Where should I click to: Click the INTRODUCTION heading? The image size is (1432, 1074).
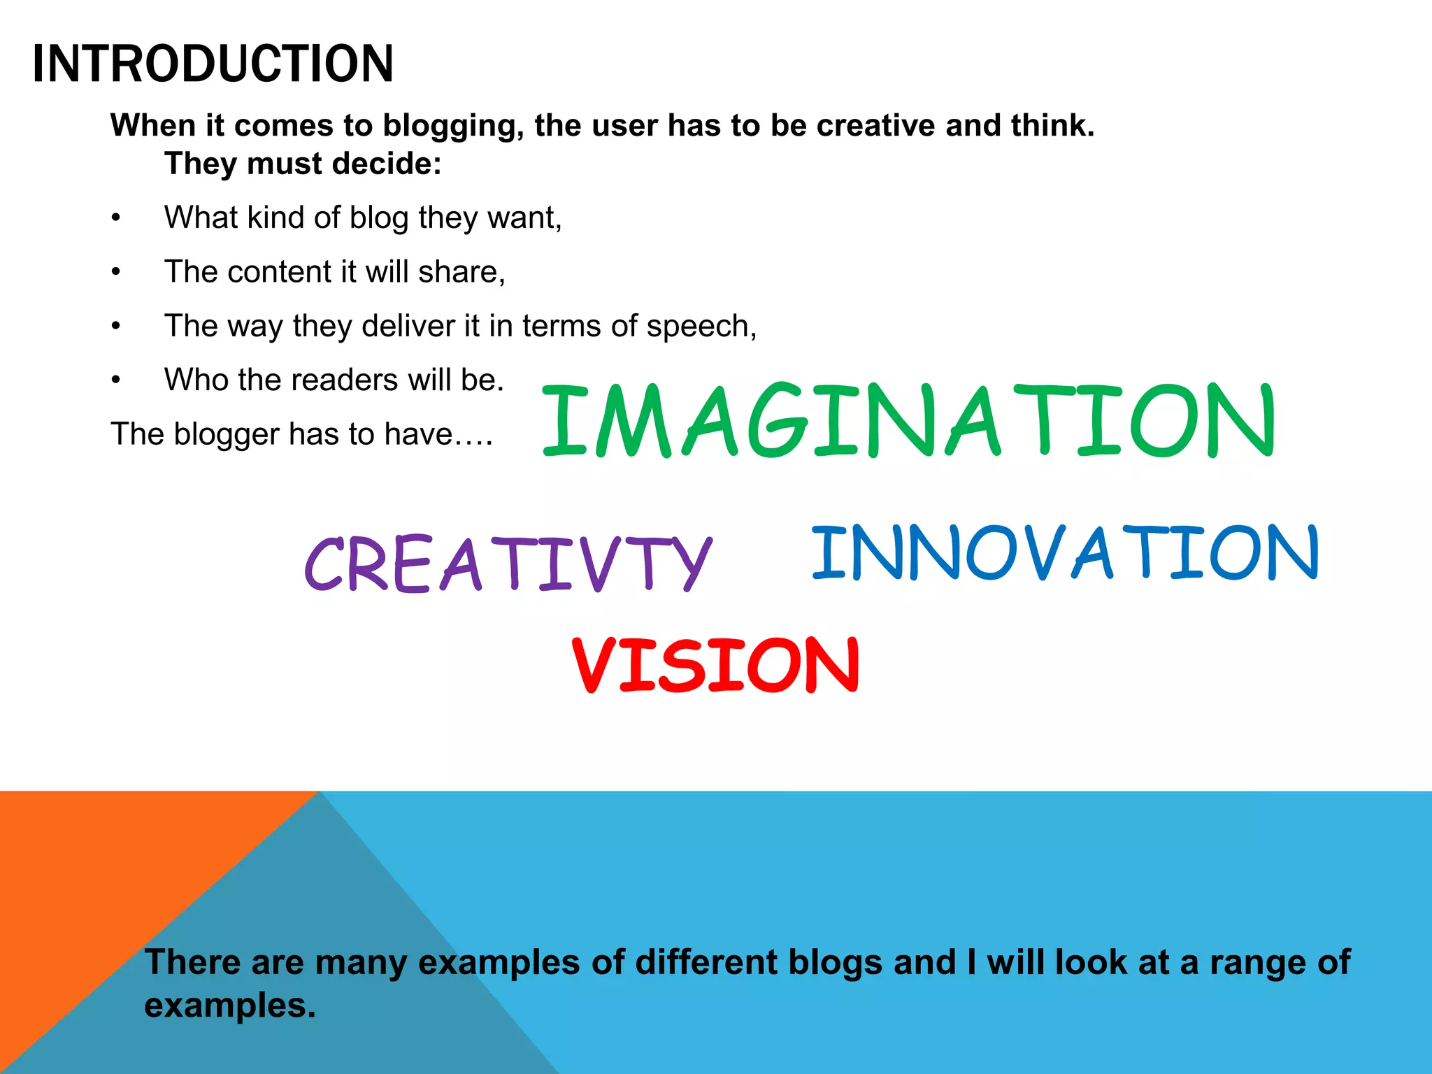pyautogui.click(x=213, y=64)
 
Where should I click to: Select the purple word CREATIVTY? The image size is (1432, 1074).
pyautogui.click(x=508, y=564)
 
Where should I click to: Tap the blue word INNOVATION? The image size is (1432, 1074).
pyautogui.click(x=1065, y=553)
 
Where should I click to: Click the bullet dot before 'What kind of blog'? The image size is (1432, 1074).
pyautogui.click(x=116, y=218)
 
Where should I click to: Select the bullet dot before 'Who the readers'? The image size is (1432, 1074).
pyautogui.click(x=116, y=380)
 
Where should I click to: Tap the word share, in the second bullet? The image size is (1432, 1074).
pyautogui.click(x=461, y=272)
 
